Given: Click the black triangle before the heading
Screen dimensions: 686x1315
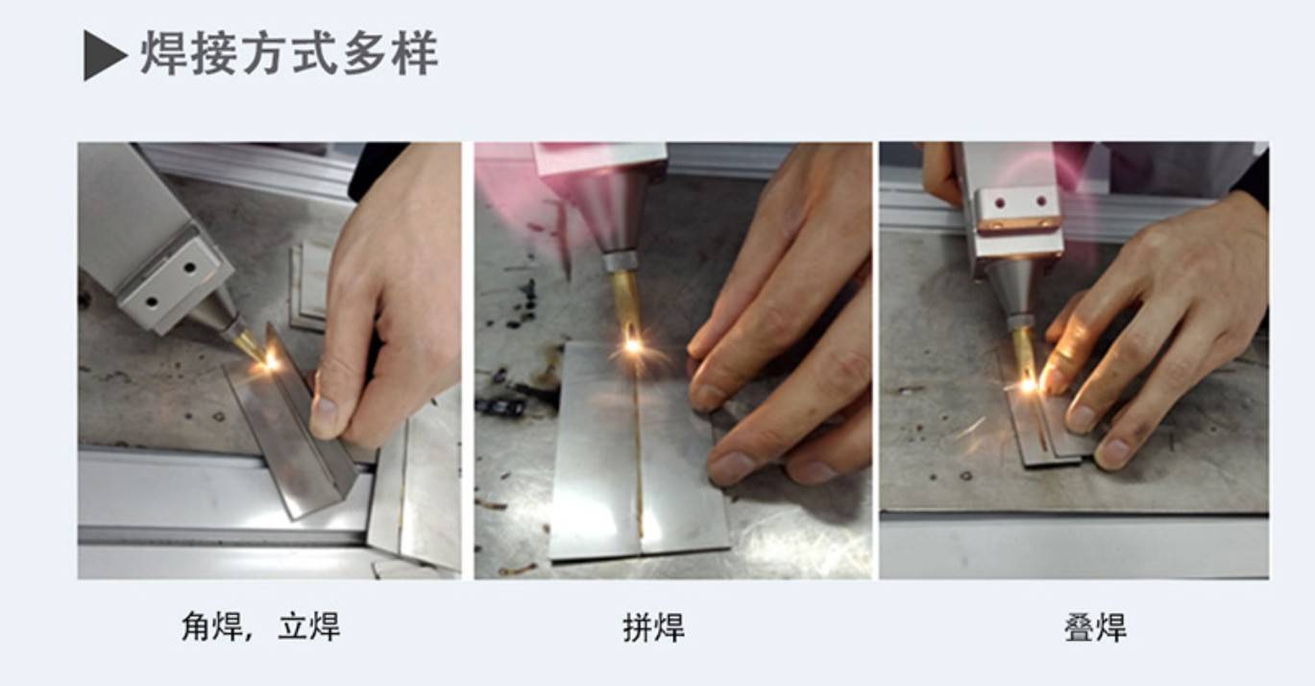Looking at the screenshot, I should click(x=104, y=56).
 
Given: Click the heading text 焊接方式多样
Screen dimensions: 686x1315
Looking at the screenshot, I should click(x=289, y=54).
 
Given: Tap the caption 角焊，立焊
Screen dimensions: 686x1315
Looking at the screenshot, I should click(x=260, y=627).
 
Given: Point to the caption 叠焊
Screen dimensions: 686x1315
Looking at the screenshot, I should click(x=1094, y=628).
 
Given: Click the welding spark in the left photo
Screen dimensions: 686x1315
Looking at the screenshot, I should click(x=272, y=361).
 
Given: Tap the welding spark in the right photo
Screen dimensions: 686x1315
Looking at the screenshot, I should click(x=1028, y=384).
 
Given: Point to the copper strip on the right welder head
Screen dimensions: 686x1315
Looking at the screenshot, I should click(x=1018, y=224).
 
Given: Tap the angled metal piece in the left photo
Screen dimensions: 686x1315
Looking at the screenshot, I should click(x=283, y=432).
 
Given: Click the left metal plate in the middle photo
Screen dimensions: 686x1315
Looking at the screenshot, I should click(x=593, y=452).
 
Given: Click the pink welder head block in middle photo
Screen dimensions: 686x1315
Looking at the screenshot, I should click(x=600, y=159).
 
